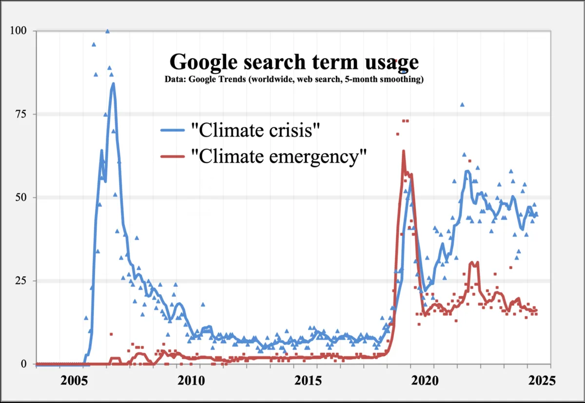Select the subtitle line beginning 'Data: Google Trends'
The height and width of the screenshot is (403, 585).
[294, 79]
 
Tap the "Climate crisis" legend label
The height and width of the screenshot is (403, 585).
[255, 130]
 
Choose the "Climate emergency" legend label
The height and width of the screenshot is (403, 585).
[279, 156]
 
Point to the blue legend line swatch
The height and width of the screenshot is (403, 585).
[173, 130]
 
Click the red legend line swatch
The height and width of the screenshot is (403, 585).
[173, 156]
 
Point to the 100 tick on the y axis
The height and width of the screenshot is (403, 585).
[19, 31]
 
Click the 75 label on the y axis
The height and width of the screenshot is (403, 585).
[21, 114]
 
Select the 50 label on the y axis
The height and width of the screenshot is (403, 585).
[21, 197]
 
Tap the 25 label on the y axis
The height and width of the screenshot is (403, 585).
[21, 281]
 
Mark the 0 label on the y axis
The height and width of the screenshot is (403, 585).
[24, 364]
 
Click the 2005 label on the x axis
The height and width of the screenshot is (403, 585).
[74, 381]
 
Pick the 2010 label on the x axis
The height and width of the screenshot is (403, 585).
[191, 381]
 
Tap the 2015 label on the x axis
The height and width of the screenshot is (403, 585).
[308, 381]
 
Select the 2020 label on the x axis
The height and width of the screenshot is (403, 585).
[425, 381]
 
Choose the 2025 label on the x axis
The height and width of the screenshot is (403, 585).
[542, 381]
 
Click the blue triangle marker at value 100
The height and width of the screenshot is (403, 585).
[107, 31]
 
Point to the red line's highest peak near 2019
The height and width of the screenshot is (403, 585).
[404, 151]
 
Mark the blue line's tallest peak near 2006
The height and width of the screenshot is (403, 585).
[113, 83]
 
